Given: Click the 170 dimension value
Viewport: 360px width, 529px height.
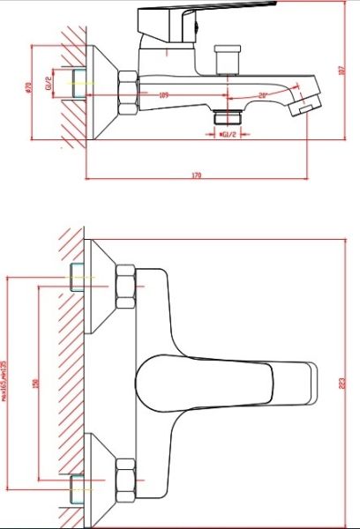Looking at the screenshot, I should point(196,176).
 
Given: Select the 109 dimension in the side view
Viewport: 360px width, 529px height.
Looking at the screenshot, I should point(163,94).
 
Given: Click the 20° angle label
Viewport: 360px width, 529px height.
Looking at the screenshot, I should point(262,95).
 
